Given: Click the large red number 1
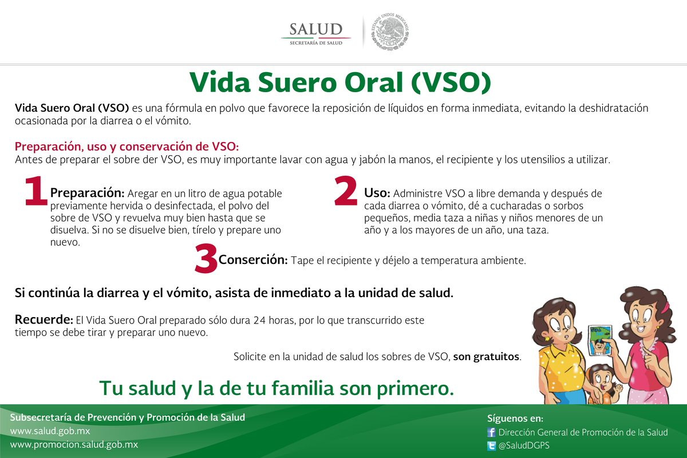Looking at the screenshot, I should (x=35, y=191).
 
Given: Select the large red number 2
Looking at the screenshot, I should (x=345, y=191).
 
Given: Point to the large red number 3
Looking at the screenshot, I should (x=206, y=259).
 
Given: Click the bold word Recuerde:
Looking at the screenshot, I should (x=44, y=319).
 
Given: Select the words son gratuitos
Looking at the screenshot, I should (x=487, y=357).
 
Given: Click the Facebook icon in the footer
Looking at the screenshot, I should (x=491, y=433).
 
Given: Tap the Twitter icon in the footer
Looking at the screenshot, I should (x=491, y=446).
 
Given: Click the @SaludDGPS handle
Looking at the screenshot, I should (x=525, y=446).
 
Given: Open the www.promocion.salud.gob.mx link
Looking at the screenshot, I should (x=74, y=444).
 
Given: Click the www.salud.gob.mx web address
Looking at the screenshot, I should (x=50, y=431).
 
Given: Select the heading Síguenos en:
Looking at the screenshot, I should (x=511, y=419).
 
